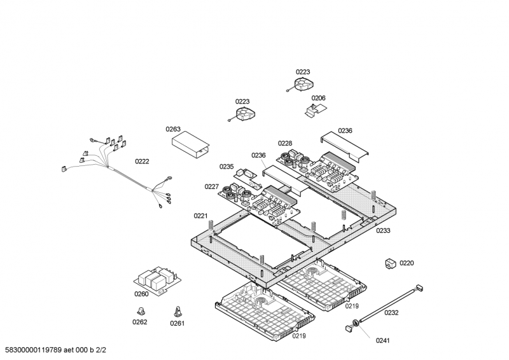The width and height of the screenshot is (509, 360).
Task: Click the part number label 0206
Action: (x=318, y=98)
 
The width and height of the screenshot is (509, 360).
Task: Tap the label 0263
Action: (x=173, y=129)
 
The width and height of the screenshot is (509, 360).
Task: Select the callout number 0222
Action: (x=142, y=162)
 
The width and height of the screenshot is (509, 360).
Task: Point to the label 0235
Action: (x=227, y=167)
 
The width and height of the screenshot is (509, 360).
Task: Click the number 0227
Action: (x=212, y=186)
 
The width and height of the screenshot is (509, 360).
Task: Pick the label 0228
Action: (x=285, y=143)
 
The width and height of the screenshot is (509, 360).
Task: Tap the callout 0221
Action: (x=200, y=216)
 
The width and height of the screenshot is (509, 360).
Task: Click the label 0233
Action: (x=383, y=230)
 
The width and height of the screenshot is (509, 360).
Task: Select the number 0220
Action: (x=407, y=263)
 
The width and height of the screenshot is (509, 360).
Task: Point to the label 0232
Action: (x=391, y=312)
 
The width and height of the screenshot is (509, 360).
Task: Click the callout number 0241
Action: (x=383, y=340)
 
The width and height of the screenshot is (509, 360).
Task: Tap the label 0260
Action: (x=141, y=294)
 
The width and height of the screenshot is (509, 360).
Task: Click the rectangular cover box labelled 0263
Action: (x=190, y=145)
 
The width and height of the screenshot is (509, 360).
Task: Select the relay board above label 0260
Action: (x=157, y=279)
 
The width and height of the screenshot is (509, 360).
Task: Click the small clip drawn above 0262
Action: (x=141, y=310)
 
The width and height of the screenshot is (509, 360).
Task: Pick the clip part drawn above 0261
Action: (x=178, y=312)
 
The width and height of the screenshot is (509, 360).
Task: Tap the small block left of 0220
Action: (x=391, y=263)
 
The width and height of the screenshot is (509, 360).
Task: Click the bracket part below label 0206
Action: (x=316, y=110)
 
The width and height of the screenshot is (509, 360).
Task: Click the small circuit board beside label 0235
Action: (x=248, y=178)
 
